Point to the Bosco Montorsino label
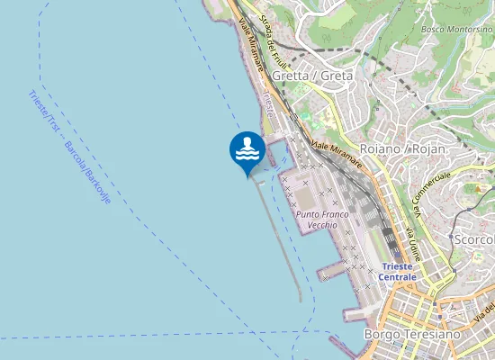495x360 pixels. click(456, 29)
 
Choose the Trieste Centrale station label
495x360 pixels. click(398, 271)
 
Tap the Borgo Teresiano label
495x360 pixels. click(411, 334)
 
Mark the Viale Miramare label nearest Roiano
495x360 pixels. click(337, 152)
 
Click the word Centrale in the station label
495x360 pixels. click(398, 276)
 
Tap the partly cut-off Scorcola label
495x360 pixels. click(474, 239)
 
